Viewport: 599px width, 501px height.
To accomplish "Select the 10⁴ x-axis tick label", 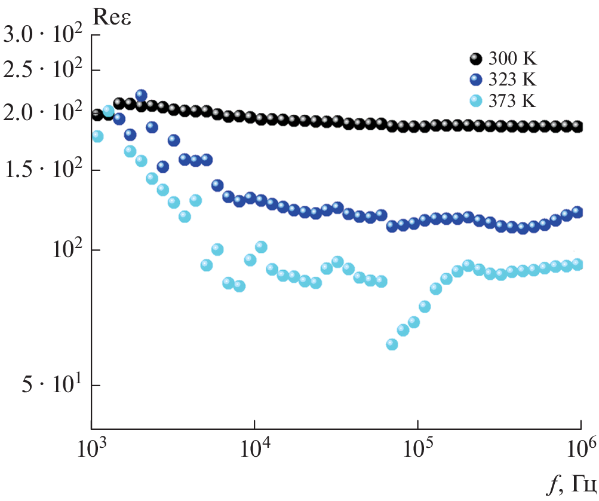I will pyautogui.click(x=254, y=446).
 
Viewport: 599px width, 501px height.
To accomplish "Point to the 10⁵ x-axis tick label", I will pyautogui.click(x=418, y=446).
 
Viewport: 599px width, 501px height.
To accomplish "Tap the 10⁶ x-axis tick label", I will pyautogui.click(x=580, y=446).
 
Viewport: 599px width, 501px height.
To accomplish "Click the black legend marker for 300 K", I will pyautogui.click(x=475, y=59).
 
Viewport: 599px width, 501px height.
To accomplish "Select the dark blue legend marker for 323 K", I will pyautogui.click(x=475, y=80).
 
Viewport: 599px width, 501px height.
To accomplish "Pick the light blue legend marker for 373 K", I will pyautogui.click(x=475, y=101).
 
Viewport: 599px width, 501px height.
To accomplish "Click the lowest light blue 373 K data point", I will pyautogui.click(x=392, y=344).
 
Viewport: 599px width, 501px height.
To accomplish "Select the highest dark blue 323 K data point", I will pyautogui.click(x=141, y=95).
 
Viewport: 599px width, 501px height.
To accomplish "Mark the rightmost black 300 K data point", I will pyautogui.click(x=578, y=127).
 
